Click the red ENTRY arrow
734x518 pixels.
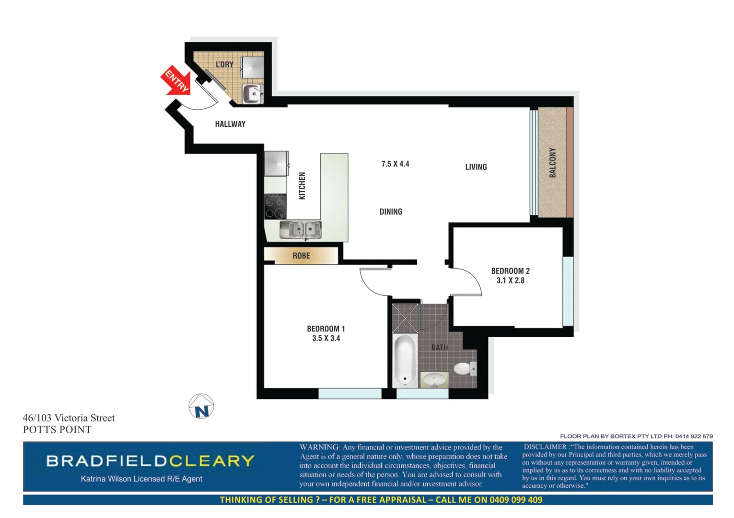click(175, 81)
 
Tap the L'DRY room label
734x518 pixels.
click(224, 64)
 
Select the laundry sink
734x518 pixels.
click(252, 94)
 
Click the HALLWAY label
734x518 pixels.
click(230, 124)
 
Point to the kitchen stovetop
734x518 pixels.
click(275, 207)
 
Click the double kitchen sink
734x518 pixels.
click(301, 230)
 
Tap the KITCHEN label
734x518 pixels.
click(302, 186)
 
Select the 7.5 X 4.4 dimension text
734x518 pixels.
click(395, 164)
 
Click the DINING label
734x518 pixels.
click(391, 212)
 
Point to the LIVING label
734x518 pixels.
click(476, 167)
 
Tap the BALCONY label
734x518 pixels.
click(553, 163)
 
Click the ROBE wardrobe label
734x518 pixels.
click(301, 256)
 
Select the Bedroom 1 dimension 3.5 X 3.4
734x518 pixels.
click(326, 339)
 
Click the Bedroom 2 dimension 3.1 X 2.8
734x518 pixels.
click(510, 281)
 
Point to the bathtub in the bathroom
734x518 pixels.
click(405, 360)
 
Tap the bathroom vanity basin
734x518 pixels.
click(434, 379)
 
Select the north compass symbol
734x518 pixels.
click(201, 407)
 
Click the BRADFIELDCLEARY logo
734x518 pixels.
click(150, 461)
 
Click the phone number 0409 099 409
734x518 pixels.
click(515, 500)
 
